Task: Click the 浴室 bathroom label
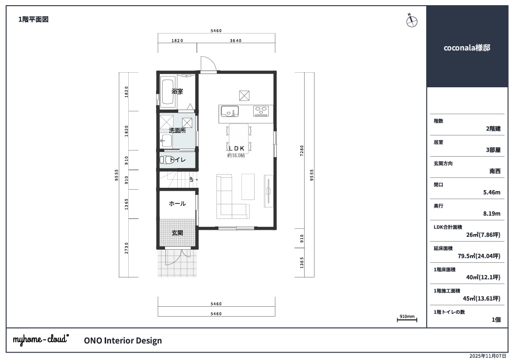pos(177,92)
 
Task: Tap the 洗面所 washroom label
pos(177,131)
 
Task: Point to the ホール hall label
pos(177,203)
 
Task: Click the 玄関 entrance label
pos(177,233)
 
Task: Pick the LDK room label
pos(237,148)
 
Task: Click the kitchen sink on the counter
pos(229,111)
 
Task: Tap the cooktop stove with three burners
pos(261,111)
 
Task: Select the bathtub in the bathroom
pos(169,92)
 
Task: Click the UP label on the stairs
pos(191,179)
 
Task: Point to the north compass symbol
pos(412,21)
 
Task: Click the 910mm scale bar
pos(407,319)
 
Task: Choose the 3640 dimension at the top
pos(236,41)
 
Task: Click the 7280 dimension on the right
pos(302,150)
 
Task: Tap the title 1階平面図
pos(33,19)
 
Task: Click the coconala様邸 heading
pos(467,48)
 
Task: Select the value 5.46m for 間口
pos(492,193)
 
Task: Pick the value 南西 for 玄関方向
pos(495,171)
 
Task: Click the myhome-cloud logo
pos(41,339)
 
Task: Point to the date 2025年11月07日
pos(488,356)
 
